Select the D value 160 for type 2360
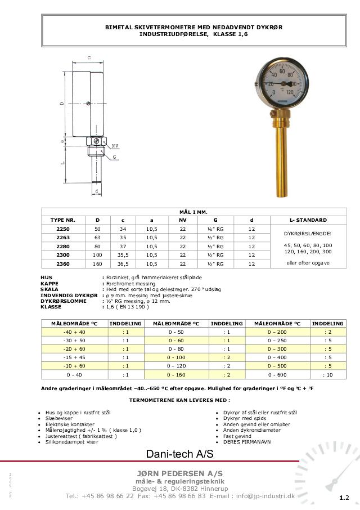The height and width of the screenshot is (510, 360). pos(97,263)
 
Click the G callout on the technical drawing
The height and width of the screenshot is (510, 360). pos(114,157)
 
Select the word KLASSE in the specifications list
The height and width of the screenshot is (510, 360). pos(51,307)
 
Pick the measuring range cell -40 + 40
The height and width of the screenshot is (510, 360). pos(74,332)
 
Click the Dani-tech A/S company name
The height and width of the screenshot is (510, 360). pos(179,454)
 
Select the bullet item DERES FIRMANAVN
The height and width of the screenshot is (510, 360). pos(247,442)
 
